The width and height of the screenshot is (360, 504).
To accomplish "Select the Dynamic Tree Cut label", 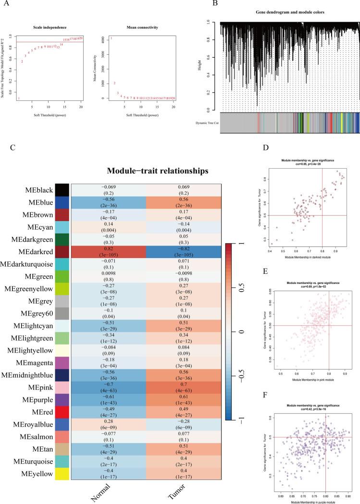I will coord(204,123).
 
